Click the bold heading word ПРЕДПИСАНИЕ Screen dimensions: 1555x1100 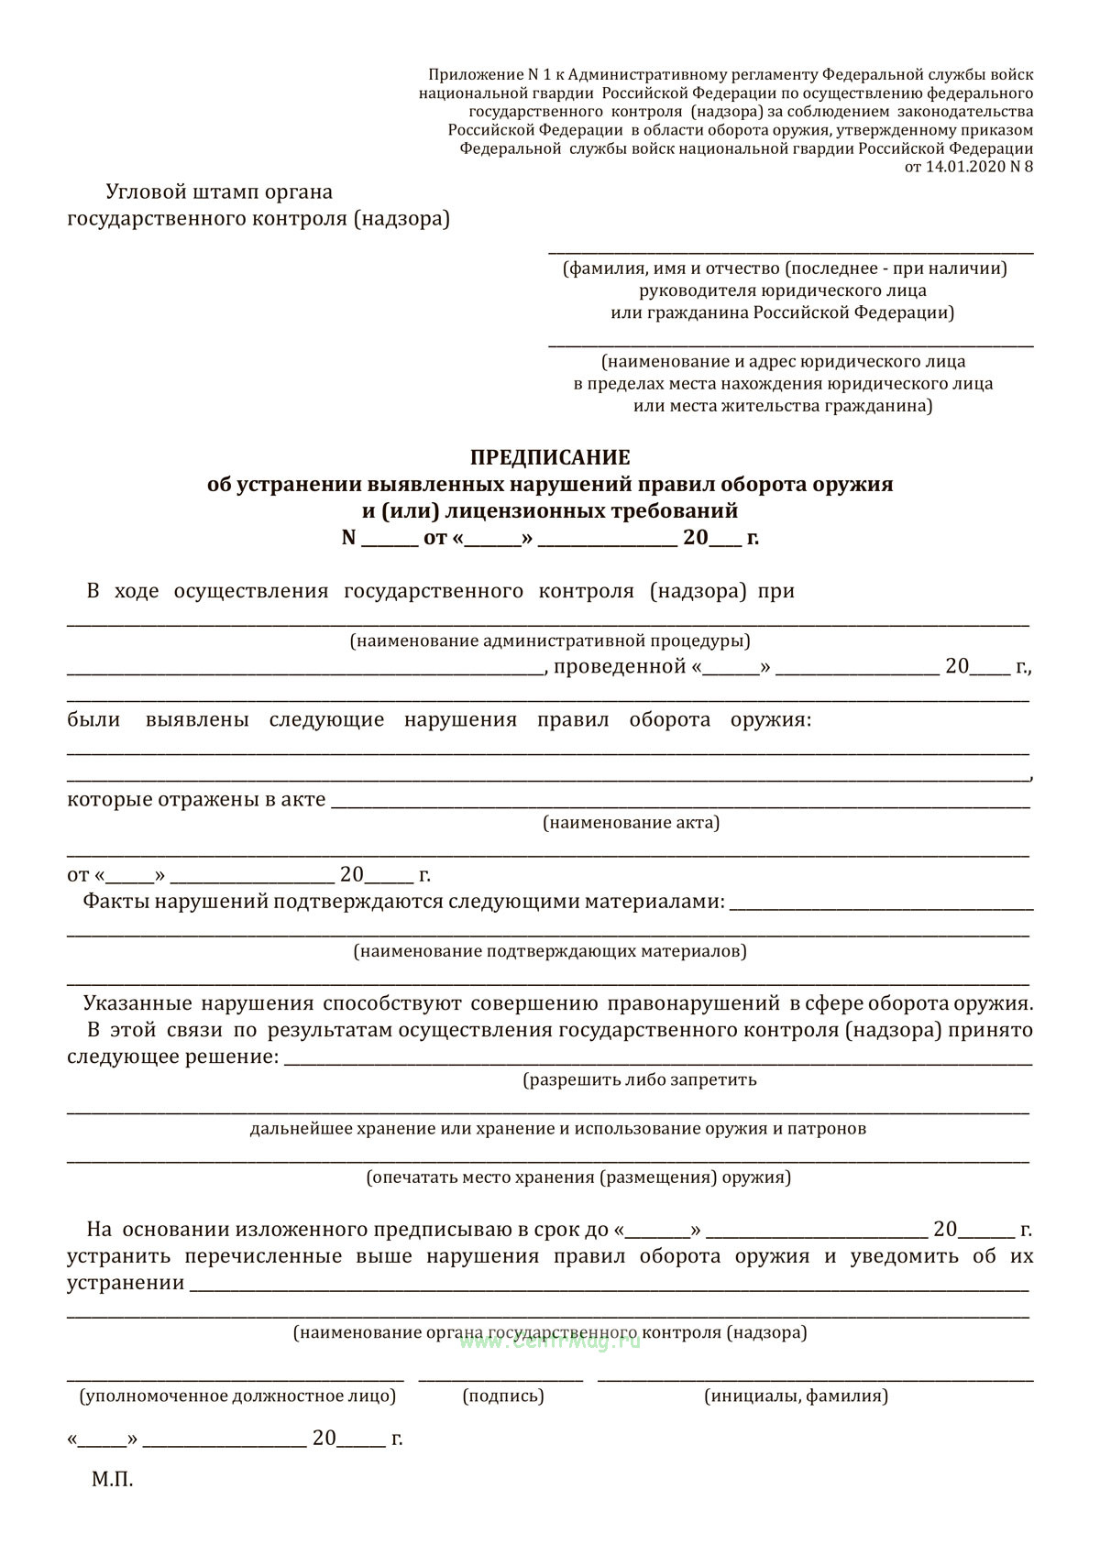point(550,456)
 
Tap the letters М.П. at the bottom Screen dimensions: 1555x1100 point(112,1479)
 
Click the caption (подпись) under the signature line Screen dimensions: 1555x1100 point(503,1396)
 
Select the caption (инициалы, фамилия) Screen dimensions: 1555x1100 point(796,1396)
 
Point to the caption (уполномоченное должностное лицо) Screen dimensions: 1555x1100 point(237,1396)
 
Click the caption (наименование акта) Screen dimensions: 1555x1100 point(631,822)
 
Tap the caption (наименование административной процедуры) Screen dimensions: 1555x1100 point(549,641)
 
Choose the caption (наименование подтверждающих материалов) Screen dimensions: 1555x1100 point(550,951)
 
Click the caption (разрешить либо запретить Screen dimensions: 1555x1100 point(640,1079)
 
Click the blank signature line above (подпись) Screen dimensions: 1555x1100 point(500,1377)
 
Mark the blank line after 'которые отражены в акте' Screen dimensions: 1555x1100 point(678,806)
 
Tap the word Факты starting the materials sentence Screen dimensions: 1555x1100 point(116,901)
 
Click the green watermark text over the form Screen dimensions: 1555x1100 point(548,1341)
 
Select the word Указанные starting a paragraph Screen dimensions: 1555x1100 point(137,1003)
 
